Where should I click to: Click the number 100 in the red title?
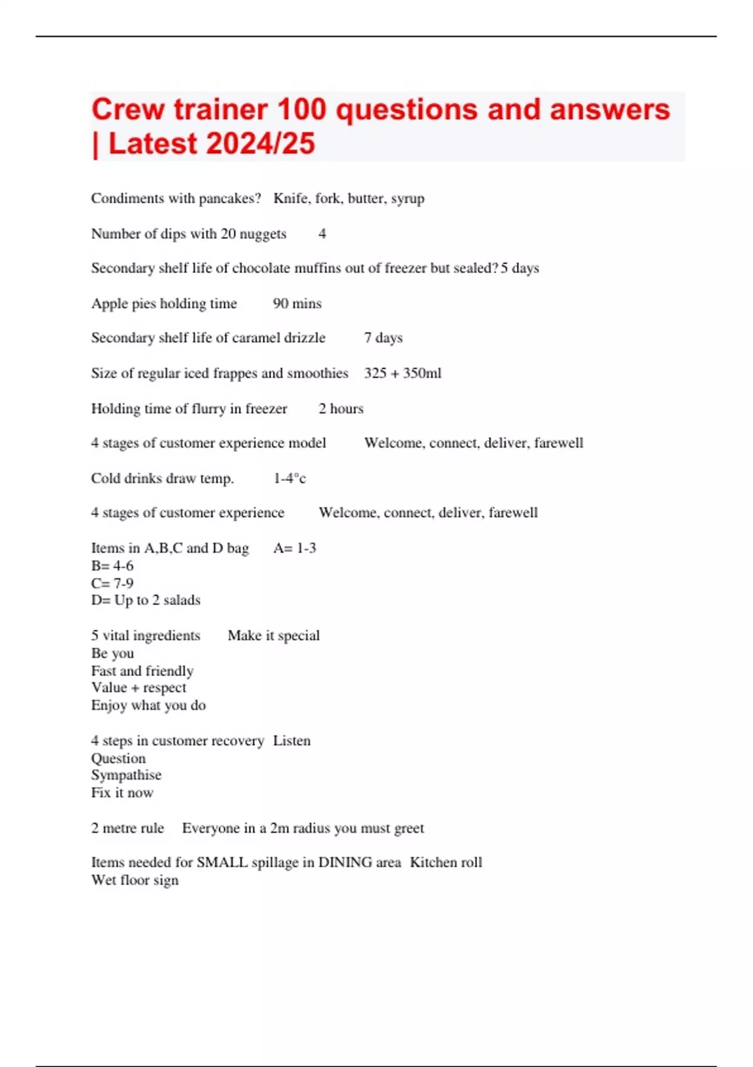pyautogui.click(x=301, y=110)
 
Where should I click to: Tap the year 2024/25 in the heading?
pyautogui.click(x=259, y=144)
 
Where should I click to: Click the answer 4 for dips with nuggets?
pyautogui.click(x=322, y=234)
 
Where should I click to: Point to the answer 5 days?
pyautogui.click(x=520, y=269)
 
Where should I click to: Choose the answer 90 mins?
pyautogui.click(x=297, y=304)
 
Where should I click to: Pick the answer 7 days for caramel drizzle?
pyautogui.click(x=383, y=338)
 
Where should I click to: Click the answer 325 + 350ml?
pyautogui.click(x=402, y=373)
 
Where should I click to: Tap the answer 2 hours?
pyautogui.click(x=341, y=409)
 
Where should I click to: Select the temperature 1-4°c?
pyautogui.click(x=289, y=479)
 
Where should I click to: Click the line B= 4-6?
pyautogui.click(x=112, y=566)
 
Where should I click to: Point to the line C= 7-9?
pyautogui.click(x=112, y=583)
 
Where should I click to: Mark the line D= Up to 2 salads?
pyautogui.click(x=146, y=601)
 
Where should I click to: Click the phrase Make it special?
pyautogui.click(x=274, y=636)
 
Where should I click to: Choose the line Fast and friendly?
pyautogui.click(x=142, y=671)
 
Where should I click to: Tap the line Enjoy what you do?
pyautogui.click(x=148, y=705)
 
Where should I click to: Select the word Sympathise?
pyautogui.click(x=126, y=776)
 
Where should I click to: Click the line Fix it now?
pyautogui.click(x=122, y=793)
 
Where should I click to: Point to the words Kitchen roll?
pyautogui.click(x=446, y=863)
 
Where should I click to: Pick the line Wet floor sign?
pyautogui.click(x=135, y=881)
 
